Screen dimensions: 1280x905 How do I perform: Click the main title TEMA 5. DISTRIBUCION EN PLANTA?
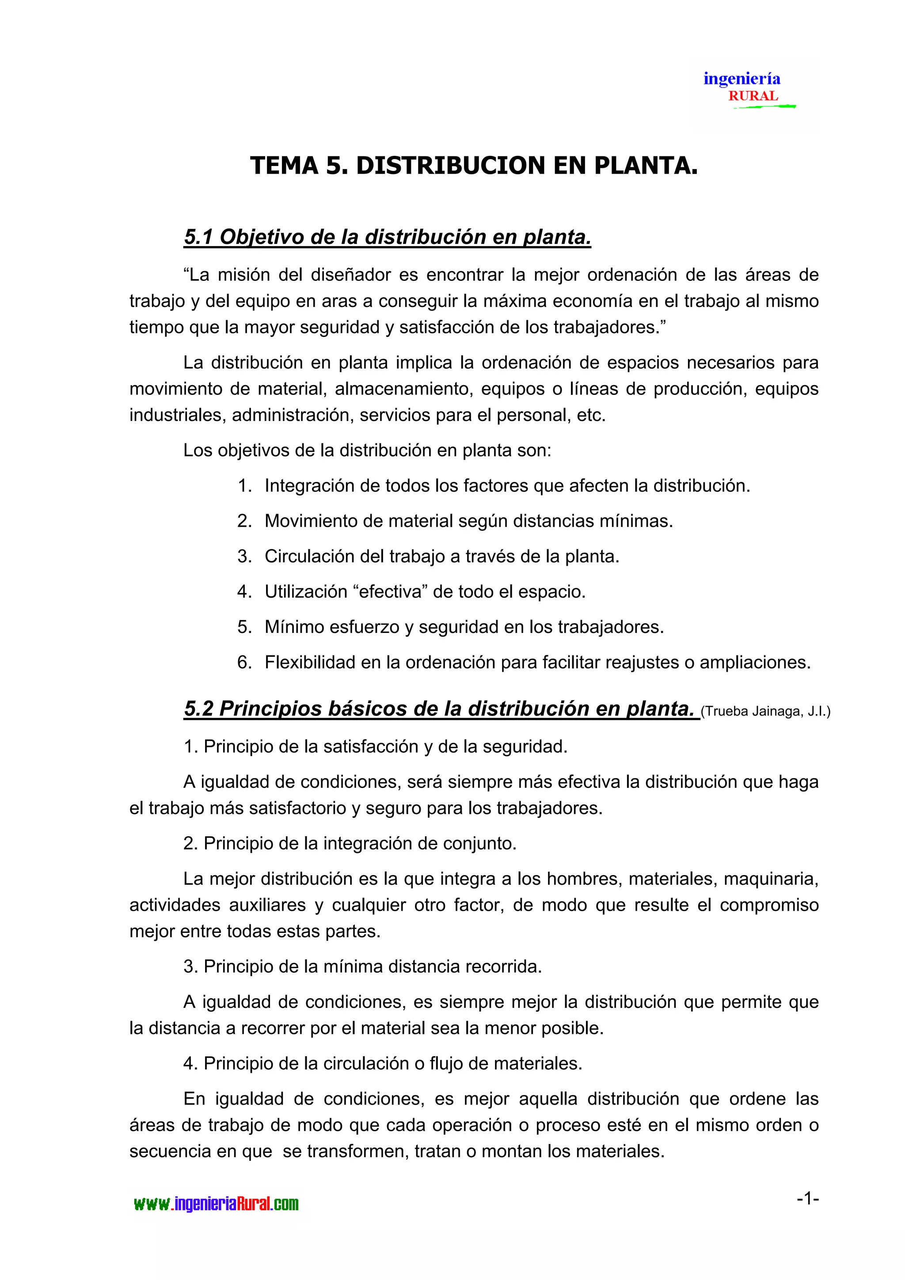474,166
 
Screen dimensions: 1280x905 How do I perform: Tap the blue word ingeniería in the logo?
741,79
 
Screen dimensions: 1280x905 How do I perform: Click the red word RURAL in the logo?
753,96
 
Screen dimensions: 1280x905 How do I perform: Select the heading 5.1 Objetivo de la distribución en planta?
387,237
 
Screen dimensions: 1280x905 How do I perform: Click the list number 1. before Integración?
245,485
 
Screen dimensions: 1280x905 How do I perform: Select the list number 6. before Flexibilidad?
245,662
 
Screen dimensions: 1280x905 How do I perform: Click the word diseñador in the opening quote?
349,275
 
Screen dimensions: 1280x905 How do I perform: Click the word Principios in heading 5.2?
270,708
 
